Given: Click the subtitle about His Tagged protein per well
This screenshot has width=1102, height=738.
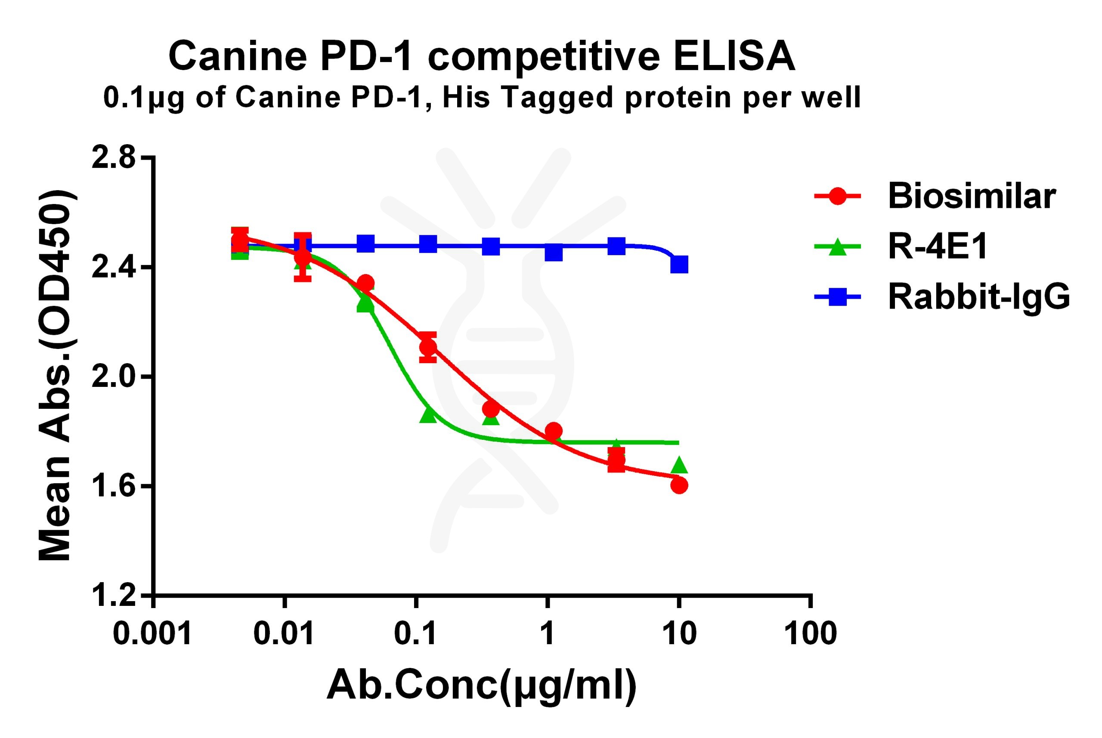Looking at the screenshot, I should [482, 98].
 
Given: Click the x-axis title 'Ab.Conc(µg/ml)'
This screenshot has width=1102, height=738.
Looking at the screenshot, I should [482, 686].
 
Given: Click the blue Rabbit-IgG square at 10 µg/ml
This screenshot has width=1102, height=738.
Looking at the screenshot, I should [679, 264].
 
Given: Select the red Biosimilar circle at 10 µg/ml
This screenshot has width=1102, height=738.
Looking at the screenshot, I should [679, 485].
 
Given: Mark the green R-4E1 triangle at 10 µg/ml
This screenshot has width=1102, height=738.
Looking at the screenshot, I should [679, 466].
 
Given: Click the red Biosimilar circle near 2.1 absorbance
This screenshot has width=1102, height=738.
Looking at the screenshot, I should [428, 347].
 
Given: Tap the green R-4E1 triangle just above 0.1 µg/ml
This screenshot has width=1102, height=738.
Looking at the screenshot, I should [428, 415].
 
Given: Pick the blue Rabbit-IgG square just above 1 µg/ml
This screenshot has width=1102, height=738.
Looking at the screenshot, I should [554, 253].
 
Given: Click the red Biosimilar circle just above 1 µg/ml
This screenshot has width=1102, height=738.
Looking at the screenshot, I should [554, 430].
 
